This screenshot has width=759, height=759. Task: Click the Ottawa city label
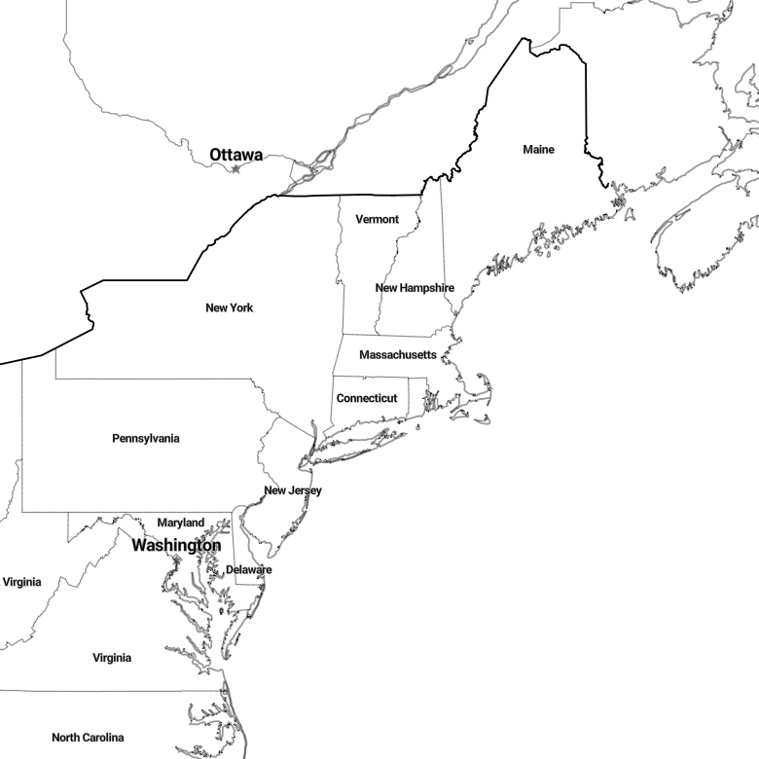pos(236,155)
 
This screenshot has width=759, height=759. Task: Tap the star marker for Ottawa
pos(235,169)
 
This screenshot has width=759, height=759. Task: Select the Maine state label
pos(538,150)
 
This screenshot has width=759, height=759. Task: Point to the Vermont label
pos(378,219)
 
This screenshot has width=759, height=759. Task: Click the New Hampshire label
pos(415,288)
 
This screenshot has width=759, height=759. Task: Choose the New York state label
pos(229,307)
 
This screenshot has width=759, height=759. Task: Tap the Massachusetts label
pos(398,355)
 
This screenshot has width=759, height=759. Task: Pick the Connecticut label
pos(367,398)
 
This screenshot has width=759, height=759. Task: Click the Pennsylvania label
pos(146,439)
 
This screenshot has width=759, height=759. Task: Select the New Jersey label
pos(293,490)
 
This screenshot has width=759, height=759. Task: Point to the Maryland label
pos(181,523)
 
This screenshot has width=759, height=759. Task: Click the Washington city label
pos(176,546)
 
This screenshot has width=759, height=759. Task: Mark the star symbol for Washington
pos(177,560)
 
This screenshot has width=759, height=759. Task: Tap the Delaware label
pos(249,569)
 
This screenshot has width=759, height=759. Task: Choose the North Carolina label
pos(88,738)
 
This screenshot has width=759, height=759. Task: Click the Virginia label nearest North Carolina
pos(112,658)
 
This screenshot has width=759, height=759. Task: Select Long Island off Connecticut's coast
pos(358,447)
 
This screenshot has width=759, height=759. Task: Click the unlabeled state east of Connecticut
pos(417,394)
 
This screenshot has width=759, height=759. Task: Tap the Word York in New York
pos(242,307)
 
